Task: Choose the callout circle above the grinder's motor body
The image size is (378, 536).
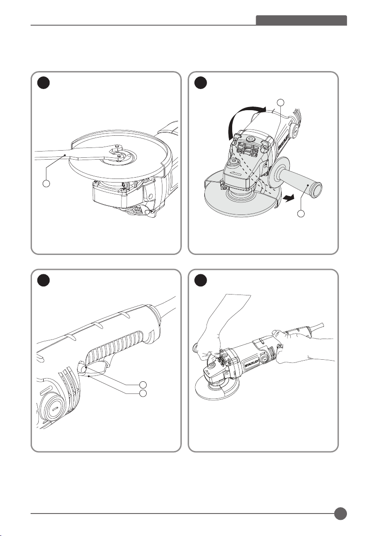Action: tap(281, 101)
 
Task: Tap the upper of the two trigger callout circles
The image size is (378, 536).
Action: tap(143, 385)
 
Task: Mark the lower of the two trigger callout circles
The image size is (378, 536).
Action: tap(143, 394)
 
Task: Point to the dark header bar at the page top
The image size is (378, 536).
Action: tap(301, 21)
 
